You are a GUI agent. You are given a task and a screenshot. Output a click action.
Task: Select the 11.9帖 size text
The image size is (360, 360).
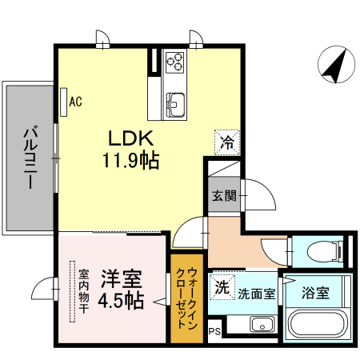(x=129, y=160)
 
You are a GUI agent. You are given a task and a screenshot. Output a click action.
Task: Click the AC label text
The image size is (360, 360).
(x=76, y=102)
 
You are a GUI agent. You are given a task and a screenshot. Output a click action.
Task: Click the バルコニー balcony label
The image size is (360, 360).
(x=30, y=158)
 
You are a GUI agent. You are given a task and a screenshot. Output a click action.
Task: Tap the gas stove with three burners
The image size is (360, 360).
(x=174, y=62)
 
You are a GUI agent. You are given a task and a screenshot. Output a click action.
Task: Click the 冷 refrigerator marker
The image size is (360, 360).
(x=227, y=143)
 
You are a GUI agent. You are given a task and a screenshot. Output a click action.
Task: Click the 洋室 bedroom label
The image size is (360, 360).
(x=121, y=281)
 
